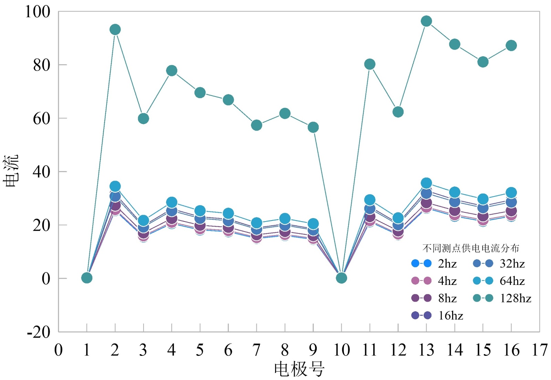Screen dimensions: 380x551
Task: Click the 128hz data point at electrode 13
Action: [426, 21]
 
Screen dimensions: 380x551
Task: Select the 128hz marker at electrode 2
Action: [115, 30]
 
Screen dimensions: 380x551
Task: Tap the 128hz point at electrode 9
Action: [313, 127]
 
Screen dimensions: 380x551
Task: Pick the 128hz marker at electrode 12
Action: [398, 112]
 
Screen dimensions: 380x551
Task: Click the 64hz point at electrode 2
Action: [115, 186]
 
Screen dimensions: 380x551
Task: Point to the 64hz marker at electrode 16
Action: [511, 193]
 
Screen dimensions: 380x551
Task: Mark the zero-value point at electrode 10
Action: [341, 278]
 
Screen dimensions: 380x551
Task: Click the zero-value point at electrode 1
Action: [87, 278]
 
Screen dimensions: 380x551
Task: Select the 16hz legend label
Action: [450, 316]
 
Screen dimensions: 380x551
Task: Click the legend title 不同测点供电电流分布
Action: [470, 248]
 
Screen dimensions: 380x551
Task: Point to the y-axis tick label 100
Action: [38, 12]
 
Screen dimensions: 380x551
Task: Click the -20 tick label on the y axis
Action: [39, 332]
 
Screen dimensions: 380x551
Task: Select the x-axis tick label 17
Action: [540, 350]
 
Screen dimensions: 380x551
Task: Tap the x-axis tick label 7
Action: [257, 350]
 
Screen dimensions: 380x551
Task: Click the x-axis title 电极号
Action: [299, 369]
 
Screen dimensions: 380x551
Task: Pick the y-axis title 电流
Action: [11, 171]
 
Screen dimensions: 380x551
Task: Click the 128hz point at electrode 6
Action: [228, 100]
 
